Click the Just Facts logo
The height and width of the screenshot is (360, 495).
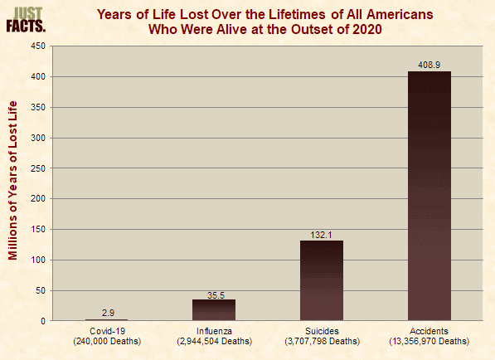[26, 20]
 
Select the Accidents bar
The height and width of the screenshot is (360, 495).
[429, 196]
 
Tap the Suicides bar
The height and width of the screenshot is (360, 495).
[322, 280]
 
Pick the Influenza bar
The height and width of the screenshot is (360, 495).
[214, 310]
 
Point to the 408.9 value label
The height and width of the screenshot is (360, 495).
[429, 65]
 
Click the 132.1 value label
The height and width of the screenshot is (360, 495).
[322, 235]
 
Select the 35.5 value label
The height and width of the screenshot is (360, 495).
[216, 295]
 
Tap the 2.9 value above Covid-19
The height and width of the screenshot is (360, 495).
[108, 313]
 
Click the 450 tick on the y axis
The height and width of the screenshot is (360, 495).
[38, 46]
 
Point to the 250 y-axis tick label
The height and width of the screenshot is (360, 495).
[38, 168]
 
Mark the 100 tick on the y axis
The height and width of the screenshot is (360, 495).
[38, 260]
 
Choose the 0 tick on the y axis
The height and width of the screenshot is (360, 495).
[43, 321]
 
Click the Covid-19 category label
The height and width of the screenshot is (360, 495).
[107, 331]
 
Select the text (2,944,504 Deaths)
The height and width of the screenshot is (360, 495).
[215, 342]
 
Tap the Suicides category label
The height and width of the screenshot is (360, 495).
[322, 331]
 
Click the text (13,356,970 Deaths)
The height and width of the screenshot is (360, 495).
[429, 342]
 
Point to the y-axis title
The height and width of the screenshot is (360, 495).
[12, 180]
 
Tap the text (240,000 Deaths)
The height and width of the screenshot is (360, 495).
[107, 342]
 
